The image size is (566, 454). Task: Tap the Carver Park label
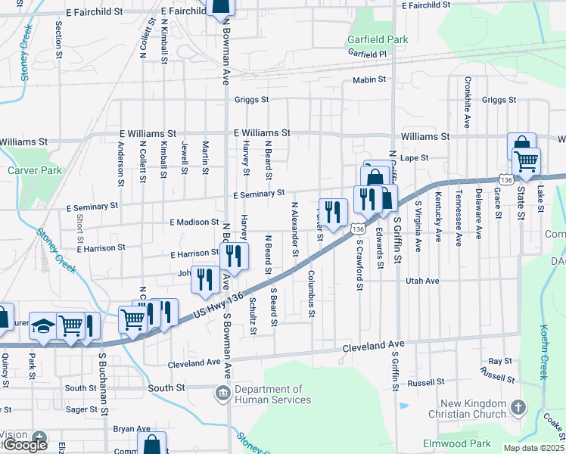[35, 170]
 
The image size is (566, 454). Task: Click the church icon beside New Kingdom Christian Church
[518, 409]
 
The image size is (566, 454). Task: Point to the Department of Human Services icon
[223, 393]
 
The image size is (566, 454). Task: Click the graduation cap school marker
[43, 326]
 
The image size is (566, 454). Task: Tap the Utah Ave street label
[422, 281]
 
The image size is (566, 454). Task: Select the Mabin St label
[369, 80]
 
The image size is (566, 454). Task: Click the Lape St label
[415, 158]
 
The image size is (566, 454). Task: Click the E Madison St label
[194, 222]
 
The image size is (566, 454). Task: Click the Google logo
[25, 445]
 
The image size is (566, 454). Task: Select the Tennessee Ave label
[459, 218]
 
